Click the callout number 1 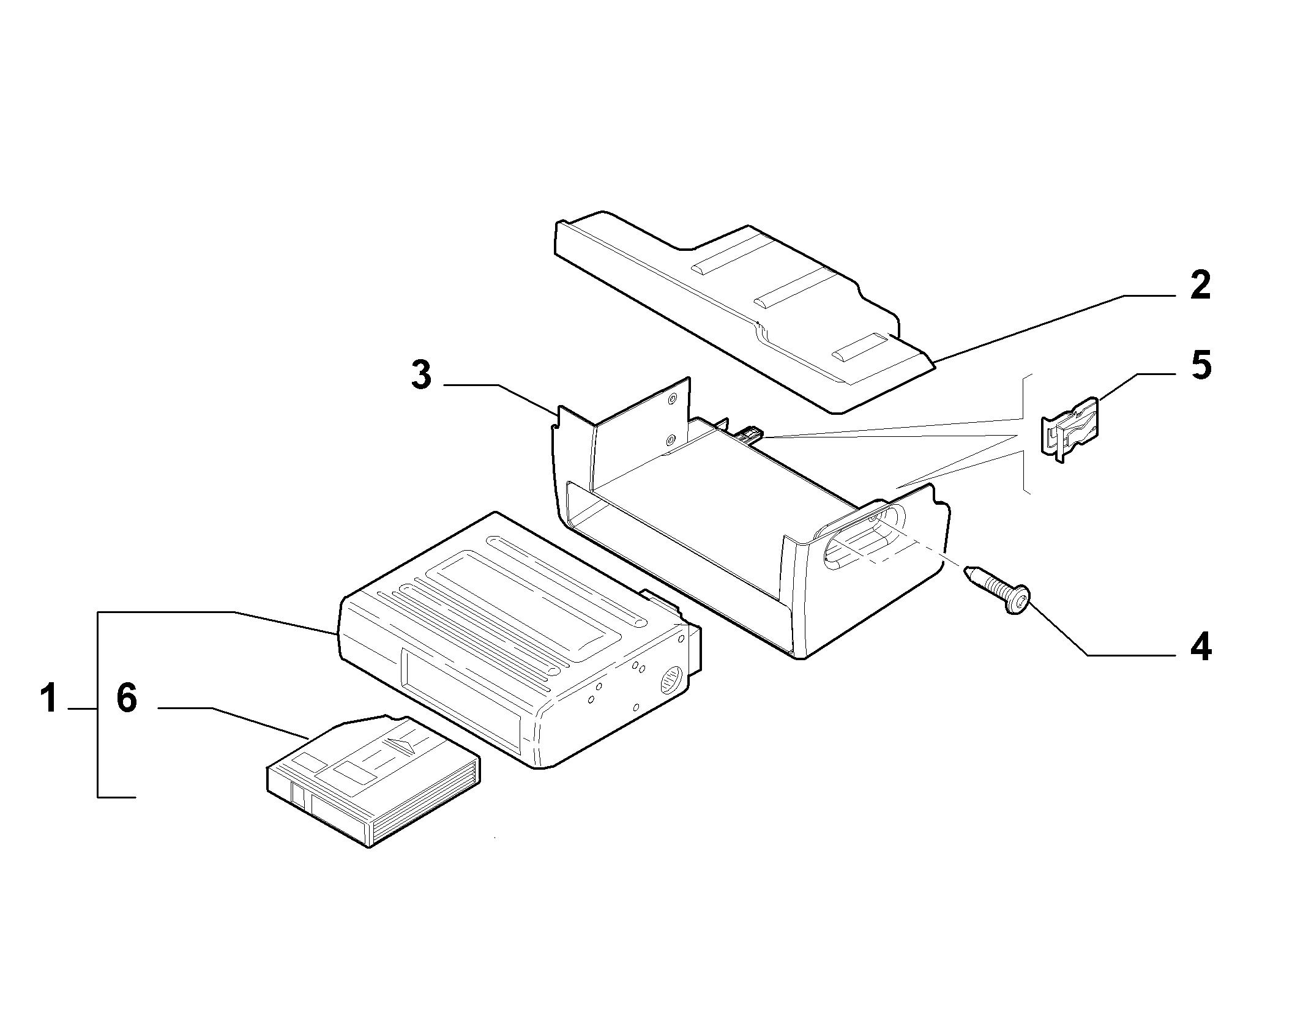49,699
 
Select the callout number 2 1200,285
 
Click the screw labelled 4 998,589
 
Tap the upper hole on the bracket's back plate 673,398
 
